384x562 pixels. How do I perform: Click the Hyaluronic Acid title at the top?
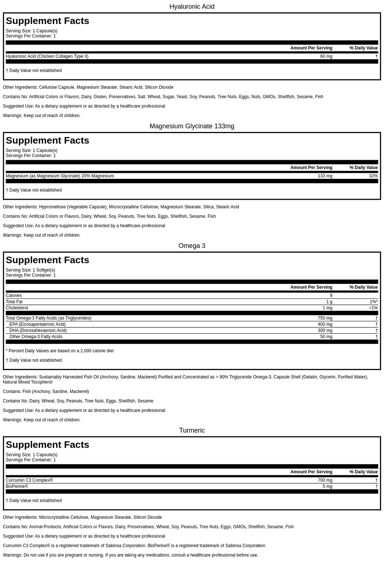tap(192, 6)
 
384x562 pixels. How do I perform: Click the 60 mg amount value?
tap(326, 56)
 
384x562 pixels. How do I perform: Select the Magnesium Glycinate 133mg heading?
tap(192, 126)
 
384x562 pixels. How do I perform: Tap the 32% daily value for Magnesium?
tap(373, 176)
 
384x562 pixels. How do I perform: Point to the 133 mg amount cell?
tap(325, 176)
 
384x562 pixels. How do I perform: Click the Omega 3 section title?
tap(192, 246)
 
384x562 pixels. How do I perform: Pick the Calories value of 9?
tap(331, 295)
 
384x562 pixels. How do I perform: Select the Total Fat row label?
tap(14, 302)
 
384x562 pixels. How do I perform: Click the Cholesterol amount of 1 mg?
tap(327, 308)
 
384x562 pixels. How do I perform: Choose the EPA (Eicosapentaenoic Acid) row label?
tap(37, 324)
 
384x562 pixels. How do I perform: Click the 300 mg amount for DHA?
tap(325, 330)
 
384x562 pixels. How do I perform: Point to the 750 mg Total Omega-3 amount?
tap(325, 318)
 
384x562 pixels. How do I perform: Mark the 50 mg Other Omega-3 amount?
tap(326, 337)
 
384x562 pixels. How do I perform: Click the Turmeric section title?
tap(192, 430)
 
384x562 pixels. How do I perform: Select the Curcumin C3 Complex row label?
tap(29, 480)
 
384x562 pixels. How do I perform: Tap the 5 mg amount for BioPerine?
tap(327, 486)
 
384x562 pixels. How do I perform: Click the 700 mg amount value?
tap(325, 480)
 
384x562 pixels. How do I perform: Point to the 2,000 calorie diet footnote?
tap(60, 351)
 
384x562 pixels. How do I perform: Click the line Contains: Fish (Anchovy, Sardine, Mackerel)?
tap(46, 391)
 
